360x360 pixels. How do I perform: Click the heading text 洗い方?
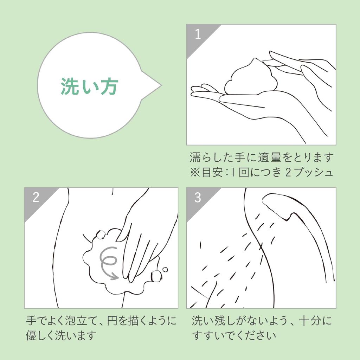tap(90, 86)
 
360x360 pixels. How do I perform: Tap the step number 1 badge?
tap(198, 34)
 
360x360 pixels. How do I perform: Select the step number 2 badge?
tap(36, 198)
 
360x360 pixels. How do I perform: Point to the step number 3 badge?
tap(198, 198)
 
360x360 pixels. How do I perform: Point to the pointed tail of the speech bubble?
tap(161, 85)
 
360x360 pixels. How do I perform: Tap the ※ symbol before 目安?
tap(195, 173)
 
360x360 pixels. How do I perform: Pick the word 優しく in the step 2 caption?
tap(40, 335)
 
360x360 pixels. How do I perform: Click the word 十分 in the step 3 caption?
tap(309, 321)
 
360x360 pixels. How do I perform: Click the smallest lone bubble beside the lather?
tap(165, 270)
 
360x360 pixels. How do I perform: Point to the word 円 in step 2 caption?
tap(112, 321)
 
